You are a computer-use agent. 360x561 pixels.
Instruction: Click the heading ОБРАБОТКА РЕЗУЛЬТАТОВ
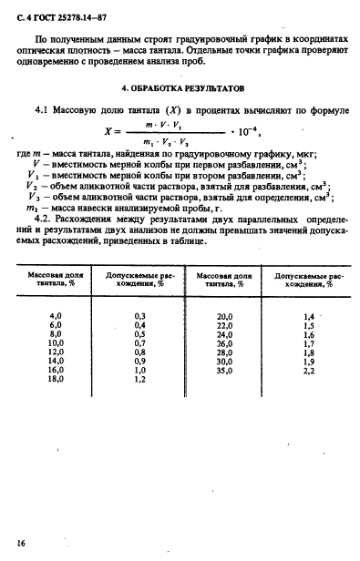[187, 90]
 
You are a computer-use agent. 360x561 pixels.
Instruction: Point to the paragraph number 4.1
[43, 110]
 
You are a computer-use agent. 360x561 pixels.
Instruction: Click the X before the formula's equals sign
[109, 132]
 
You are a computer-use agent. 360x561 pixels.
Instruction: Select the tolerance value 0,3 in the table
[141, 315]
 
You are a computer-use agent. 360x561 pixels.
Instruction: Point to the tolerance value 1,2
[141, 379]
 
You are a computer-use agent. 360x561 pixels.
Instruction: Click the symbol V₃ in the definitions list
[35, 196]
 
